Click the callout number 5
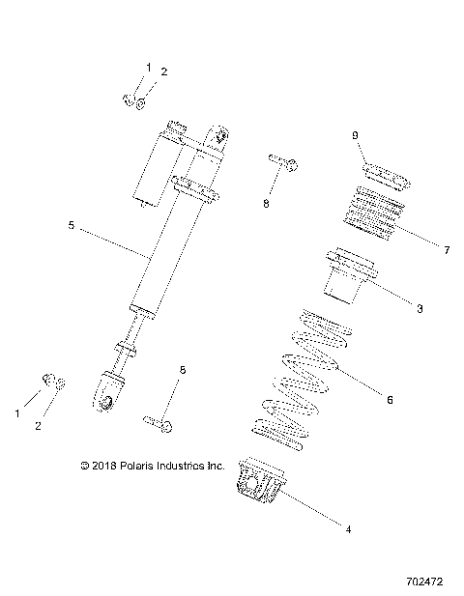pyautogui.click(x=72, y=225)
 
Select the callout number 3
pyautogui.click(x=419, y=308)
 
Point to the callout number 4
pyautogui.click(x=348, y=528)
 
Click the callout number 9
pyautogui.click(x=355, y=134)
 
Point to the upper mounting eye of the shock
pyautogui.click(x=221, y=134)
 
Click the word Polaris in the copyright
pyautogui.click(x=140, y=466)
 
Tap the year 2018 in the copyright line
pyautogui.click(x=102, y=466)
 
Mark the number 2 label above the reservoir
pyautogui.click(x=163, y=71)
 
